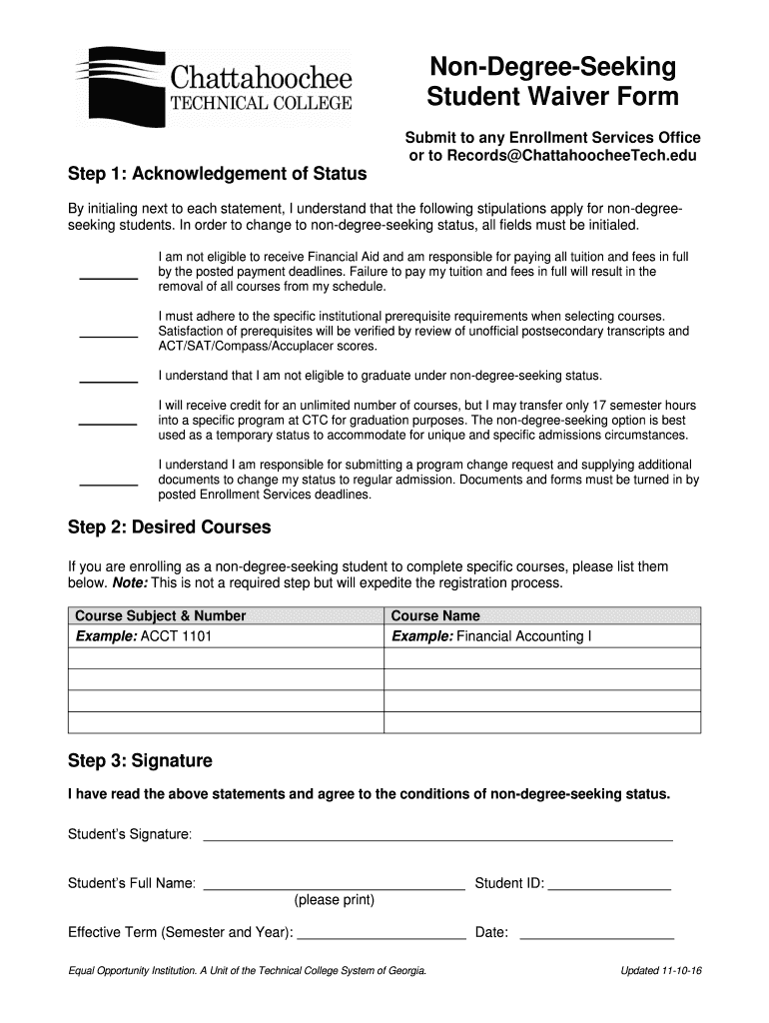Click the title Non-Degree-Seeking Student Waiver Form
tap(552, 82)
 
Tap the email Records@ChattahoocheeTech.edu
tap(552, 156)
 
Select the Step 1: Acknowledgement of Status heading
tap(217, 174)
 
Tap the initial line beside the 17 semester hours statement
tap(108, 424)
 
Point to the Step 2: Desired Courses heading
tap(169, 526)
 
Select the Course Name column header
tap(435, 615)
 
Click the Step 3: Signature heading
tap(140, 760)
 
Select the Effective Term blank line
tap(382, 937)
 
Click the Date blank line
tap(596, 937)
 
